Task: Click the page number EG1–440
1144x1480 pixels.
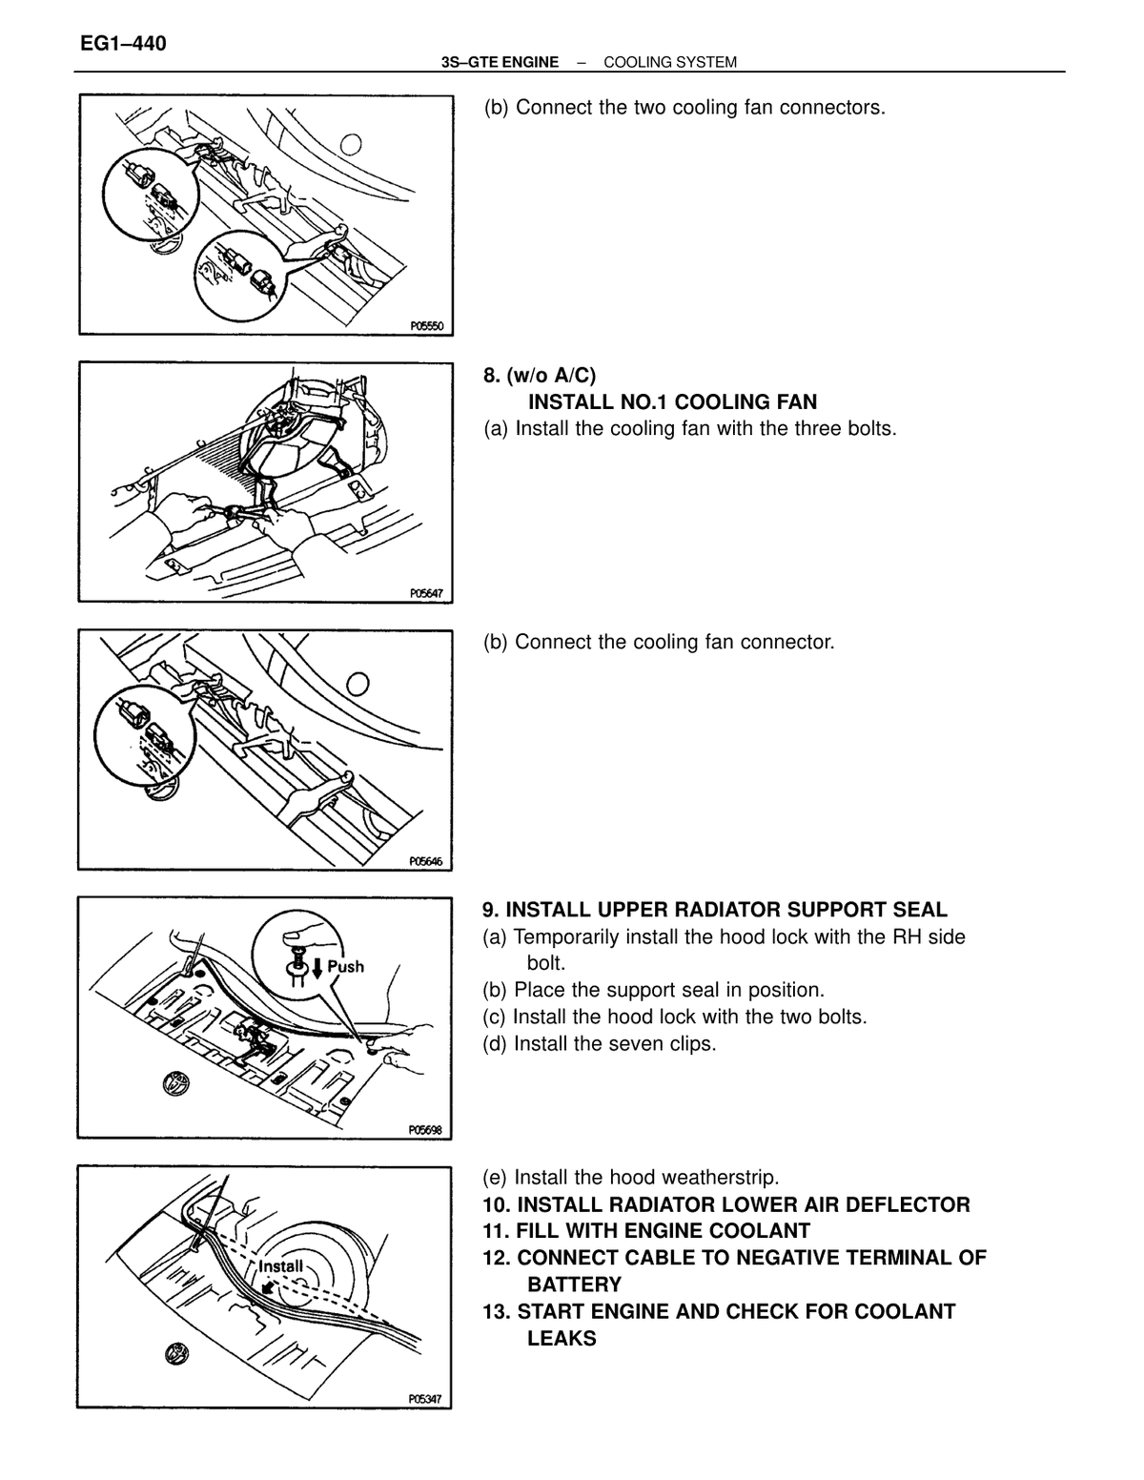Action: pyautogui.click(x=123, y=44)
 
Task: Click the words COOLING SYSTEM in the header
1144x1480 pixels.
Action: pyautogui.click(x=669, y=62)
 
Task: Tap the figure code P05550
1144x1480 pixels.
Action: pyautogui.click(x=427, y=326)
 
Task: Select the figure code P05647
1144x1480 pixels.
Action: pyautogui.click(x=427, y=593)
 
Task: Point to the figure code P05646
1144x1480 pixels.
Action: pyautogui.click(x=426, y=861)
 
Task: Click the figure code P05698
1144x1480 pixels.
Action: pyautogui.click(x=425, y=1130)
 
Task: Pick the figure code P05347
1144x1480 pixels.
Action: pyautogui.click(x=425, y=1399)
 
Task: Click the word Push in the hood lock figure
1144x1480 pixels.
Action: pyautogui.click(x=346, y=966)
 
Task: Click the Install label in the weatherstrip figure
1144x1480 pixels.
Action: pyautogui.click(x=281, y=1266)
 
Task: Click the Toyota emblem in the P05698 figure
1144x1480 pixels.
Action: pyautogui.click(x=175, y=1083)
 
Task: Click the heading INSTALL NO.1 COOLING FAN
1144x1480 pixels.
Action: pyautogui.click(x=672, y=401)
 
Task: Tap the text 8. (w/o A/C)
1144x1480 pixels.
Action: pyautogui.click(x=539, y=376)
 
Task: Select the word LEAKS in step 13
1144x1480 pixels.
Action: pyautogui.click(x=562, y=1338)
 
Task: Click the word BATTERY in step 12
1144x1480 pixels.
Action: pyautogui.click(x=574, y=1285)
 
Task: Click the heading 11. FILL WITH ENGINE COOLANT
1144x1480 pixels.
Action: pyautogui.click(x=646, y=1231)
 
